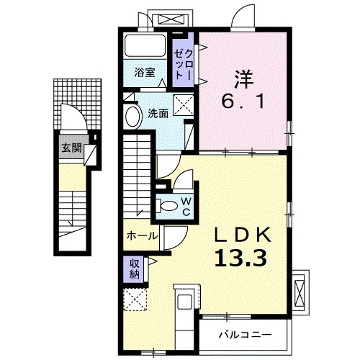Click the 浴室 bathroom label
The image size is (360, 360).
click(x=145, y=71)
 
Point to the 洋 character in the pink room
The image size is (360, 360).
click(x=241, y=76)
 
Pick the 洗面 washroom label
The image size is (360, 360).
click(x=158, y=112)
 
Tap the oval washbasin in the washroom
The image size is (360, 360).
click(x=133, y=116)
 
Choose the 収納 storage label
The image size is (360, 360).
click(x=135, y=268)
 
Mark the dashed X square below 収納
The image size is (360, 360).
click(x=135, y=297)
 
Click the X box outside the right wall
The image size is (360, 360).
click(x=301, y=290)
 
